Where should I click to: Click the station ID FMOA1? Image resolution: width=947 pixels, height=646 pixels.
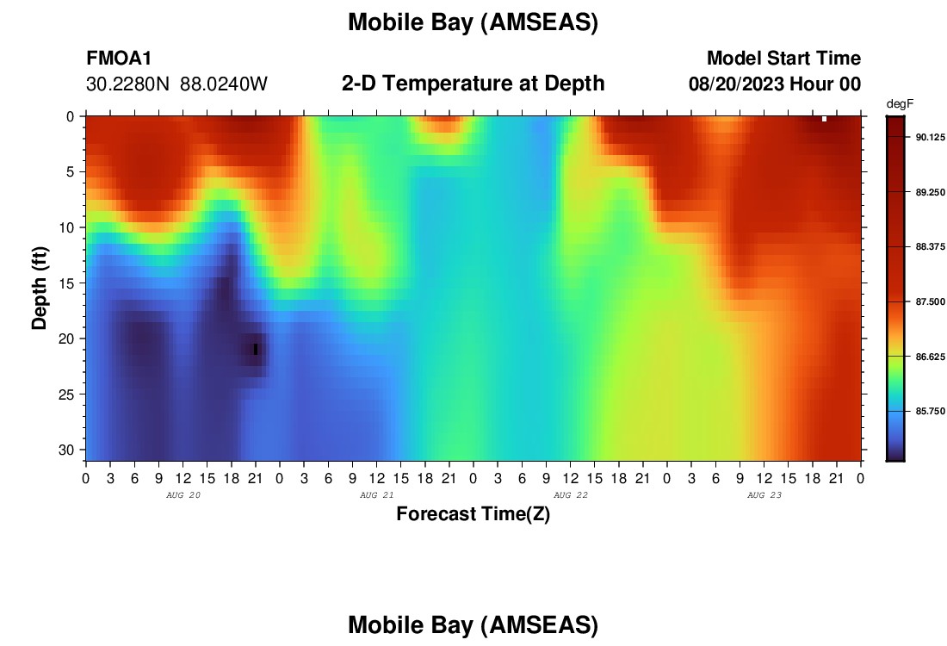119,58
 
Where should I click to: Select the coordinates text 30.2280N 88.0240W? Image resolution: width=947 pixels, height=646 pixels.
177,84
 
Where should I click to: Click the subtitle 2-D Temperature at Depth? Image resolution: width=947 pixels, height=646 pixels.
473,84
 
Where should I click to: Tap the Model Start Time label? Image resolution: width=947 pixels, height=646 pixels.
783,58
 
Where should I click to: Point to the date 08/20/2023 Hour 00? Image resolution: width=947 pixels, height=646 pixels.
775,84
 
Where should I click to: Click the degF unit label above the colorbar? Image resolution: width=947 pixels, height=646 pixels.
900,104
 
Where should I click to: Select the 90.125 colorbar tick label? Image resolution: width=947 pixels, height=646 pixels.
930,137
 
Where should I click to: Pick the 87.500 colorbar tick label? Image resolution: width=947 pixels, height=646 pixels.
930,301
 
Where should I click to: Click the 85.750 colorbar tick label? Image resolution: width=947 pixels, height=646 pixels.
930,411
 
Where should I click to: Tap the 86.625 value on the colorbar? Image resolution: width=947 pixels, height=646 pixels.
930,357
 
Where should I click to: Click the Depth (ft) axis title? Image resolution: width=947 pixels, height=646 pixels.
40,288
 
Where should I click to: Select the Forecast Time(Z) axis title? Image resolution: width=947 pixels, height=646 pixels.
473,513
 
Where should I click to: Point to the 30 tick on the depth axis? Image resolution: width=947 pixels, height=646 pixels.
66,450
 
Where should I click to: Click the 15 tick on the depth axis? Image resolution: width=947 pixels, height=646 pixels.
66,283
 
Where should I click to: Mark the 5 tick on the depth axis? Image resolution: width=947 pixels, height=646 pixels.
70,172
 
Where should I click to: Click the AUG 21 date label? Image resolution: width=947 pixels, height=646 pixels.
377,495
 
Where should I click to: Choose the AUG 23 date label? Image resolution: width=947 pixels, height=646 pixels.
764,495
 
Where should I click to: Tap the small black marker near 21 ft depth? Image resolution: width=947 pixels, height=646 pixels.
256,350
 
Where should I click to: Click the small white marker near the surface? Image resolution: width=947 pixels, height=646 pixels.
825,119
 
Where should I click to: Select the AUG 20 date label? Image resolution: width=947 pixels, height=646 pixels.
183,495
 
